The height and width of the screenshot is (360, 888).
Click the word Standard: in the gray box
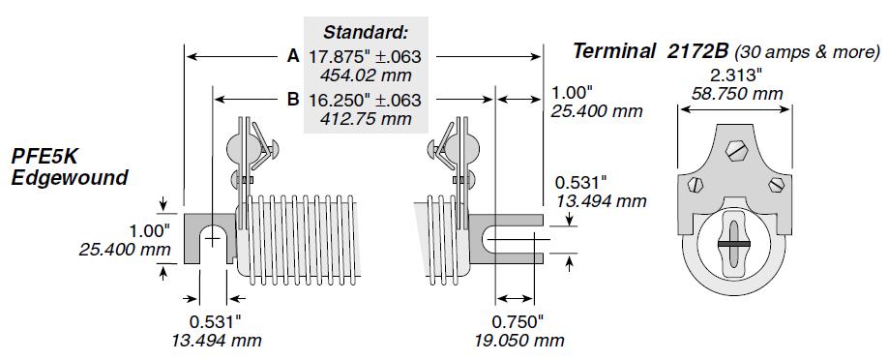pyautogui.click(x=366, y=33)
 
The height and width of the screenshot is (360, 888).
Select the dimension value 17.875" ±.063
pyautogui.click(x=366, y=57)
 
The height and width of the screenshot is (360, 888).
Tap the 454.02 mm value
pyautogui.click(x=366, y=75)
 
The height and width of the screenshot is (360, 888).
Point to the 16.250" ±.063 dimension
pyautogui.click(x=366, y=101)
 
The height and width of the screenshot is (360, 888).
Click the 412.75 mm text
pyautogui.click(x=366, y=119)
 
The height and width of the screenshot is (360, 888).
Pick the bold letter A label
pyautogui.click(x=293, y=56)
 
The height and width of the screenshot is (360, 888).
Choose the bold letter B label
pyautogui.click(x=293, y=100)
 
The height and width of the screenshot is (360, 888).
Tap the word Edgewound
pyautogui.click(x=69, y=178)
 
